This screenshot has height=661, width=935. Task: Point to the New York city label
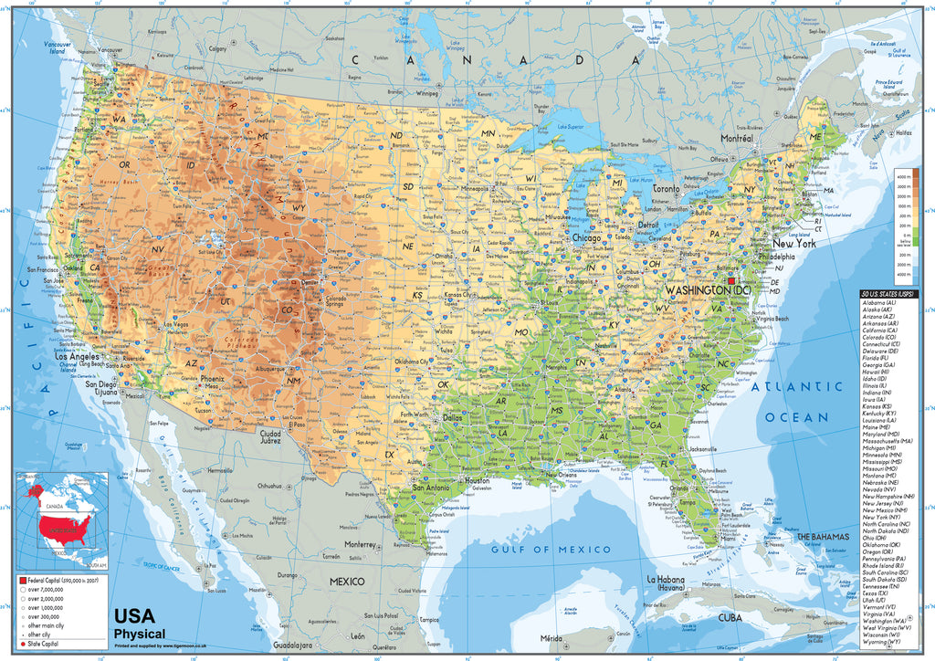pyautogui.click(x=793, y=244)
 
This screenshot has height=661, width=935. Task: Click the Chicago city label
pyautogui.click(x=586, y=237)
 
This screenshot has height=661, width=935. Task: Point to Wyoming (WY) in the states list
pyautogui.click(x=886, y=652)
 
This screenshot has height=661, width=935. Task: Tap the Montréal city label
pyautogui.click(x=735, y=138)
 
